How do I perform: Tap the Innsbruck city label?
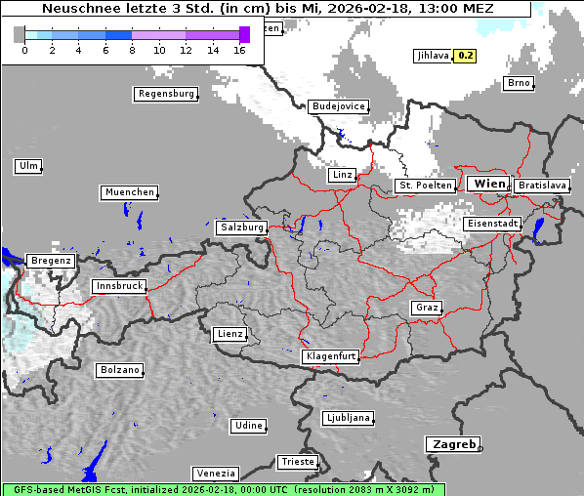coord(119,287)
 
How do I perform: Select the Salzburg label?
coord(242,227)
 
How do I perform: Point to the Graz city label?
coord(426,308)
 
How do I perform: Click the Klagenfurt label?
coord(330,356)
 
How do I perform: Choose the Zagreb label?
coord(452,444)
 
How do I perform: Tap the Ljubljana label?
coord(348,418)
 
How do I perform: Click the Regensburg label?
coord(165,95)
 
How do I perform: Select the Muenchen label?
coord(129,193)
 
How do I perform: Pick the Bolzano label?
coord(119,371)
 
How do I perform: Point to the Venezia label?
coord(214,474)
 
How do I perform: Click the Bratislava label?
coord(541,186)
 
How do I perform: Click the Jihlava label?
coord(432,56)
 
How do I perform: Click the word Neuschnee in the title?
coord(79,9)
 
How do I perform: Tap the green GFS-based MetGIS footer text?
coord(223,489)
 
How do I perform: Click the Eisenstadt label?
coord(491,224)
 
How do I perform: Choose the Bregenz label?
coord(51,262)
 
